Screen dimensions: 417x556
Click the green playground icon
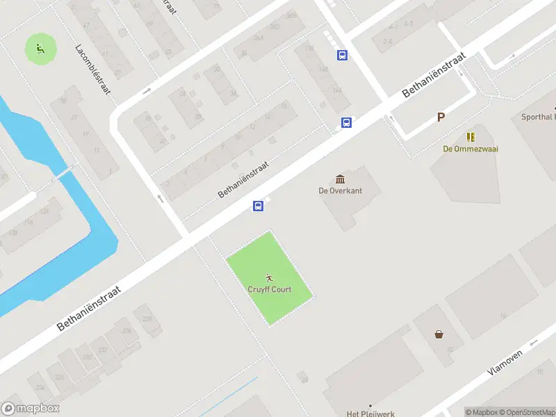(x=40, y=49)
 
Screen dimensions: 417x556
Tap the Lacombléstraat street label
(x=93, y=70)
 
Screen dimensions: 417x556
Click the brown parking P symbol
(x=441, y=117)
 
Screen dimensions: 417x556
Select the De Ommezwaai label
(x=471, y=149)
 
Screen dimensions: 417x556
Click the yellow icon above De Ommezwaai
(x=471, y=137)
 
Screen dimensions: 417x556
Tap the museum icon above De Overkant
(x=341, y=179)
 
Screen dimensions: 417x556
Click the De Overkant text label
(x=341, y=190)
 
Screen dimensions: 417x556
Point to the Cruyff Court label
(x=270, y=290)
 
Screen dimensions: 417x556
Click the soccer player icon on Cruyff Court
(x=270, y=278)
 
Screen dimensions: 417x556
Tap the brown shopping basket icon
(x=439, y=334)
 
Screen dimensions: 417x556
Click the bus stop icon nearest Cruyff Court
(x=258, y=206)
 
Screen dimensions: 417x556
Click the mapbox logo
(x=30, y=409)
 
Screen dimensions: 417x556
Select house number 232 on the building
(x=103, y=350)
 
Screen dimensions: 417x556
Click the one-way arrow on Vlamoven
(x=534, y=343)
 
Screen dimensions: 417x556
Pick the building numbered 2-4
(x=387, y=42)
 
